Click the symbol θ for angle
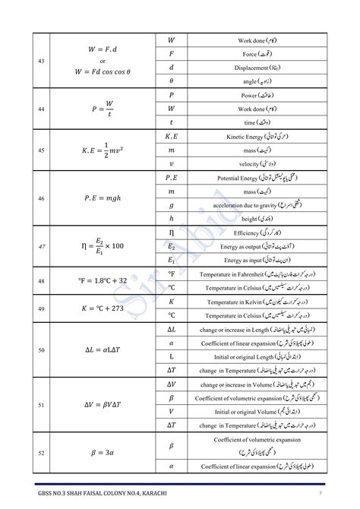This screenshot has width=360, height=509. coord(171,81)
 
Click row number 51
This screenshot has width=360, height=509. coord(41,405)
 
